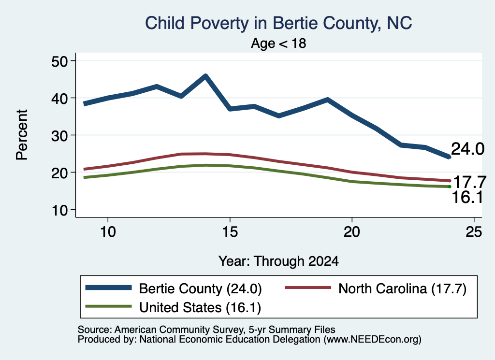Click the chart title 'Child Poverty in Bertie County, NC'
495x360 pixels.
tap(278, 23)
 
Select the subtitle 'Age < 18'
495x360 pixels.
tap(278, 43)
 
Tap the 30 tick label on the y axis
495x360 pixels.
tap(59, 135)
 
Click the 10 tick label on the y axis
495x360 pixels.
tap(59, 210)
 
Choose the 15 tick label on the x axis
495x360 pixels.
tap(230, 232)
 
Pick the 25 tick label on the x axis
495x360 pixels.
tap(474, 232)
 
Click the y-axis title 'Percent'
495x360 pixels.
tap(22, 135)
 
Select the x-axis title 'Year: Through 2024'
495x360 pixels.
tap(278, 261)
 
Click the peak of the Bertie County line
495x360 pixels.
tap(205, 76)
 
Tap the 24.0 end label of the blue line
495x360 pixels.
tap(467, 149)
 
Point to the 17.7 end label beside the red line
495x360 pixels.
tap(469, 182)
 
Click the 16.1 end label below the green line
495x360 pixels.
tap(467, 197)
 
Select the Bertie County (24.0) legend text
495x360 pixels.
tap(200, 288)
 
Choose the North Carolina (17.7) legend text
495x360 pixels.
tap(402, 288)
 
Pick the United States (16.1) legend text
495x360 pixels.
tap(200, 307)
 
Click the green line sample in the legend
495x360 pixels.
tap(108, 306)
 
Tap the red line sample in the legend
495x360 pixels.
tap(308, 288)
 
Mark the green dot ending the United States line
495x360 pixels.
tap(450, 187)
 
